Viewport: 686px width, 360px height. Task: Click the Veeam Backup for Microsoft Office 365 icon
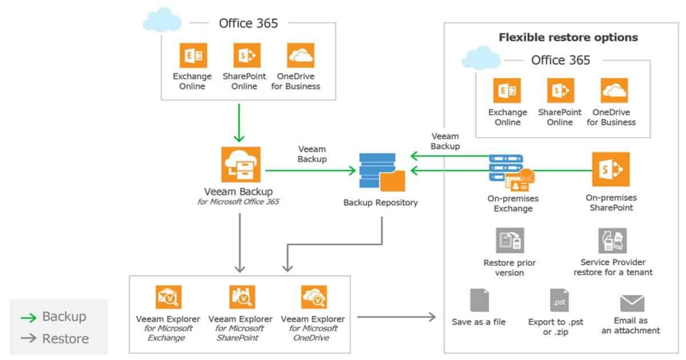click(x=240, y=165)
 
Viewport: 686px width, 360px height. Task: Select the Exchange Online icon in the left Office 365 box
click(x=193, y=55)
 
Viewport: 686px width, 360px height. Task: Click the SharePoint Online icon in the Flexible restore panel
click(x=560, y=90)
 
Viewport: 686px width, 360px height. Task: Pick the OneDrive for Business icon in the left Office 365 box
click(x=300, y=55)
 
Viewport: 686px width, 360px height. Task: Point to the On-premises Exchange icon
click(x=510, y=172)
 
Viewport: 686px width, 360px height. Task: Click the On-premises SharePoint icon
click(x=611, y=169)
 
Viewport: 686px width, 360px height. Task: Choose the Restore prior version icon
click(x=509, y=241)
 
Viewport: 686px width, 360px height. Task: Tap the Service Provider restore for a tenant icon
click(x=612, y=241)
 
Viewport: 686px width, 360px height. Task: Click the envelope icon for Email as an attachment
click(x=632, y=303)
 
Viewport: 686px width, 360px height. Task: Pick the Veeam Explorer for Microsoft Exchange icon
click(x=168, y=297)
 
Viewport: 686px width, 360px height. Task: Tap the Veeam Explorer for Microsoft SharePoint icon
click(x=241, y=297)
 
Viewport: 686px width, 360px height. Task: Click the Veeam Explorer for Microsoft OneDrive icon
click(x=314, y=297)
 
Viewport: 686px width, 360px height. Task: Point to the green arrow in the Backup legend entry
click(x=29, y=317)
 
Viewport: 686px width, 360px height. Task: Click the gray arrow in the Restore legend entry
click(x=29, y=339)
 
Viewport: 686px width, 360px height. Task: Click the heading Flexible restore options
click(x=568, y=38)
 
